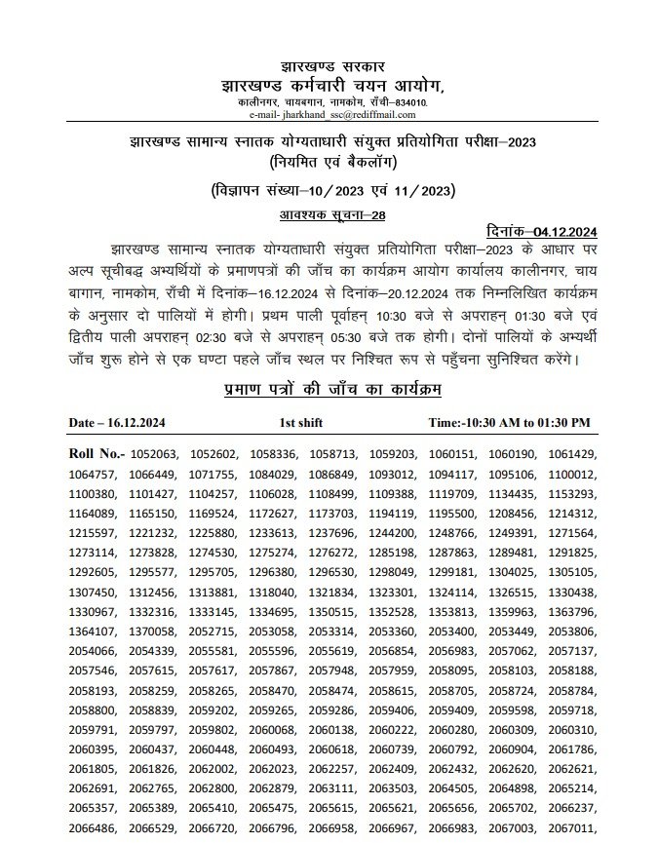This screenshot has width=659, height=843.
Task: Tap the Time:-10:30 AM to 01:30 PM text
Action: click(510, 422)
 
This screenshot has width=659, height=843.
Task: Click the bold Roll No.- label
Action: click(96, 454)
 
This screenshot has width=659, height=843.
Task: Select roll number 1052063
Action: click(153, 454)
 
